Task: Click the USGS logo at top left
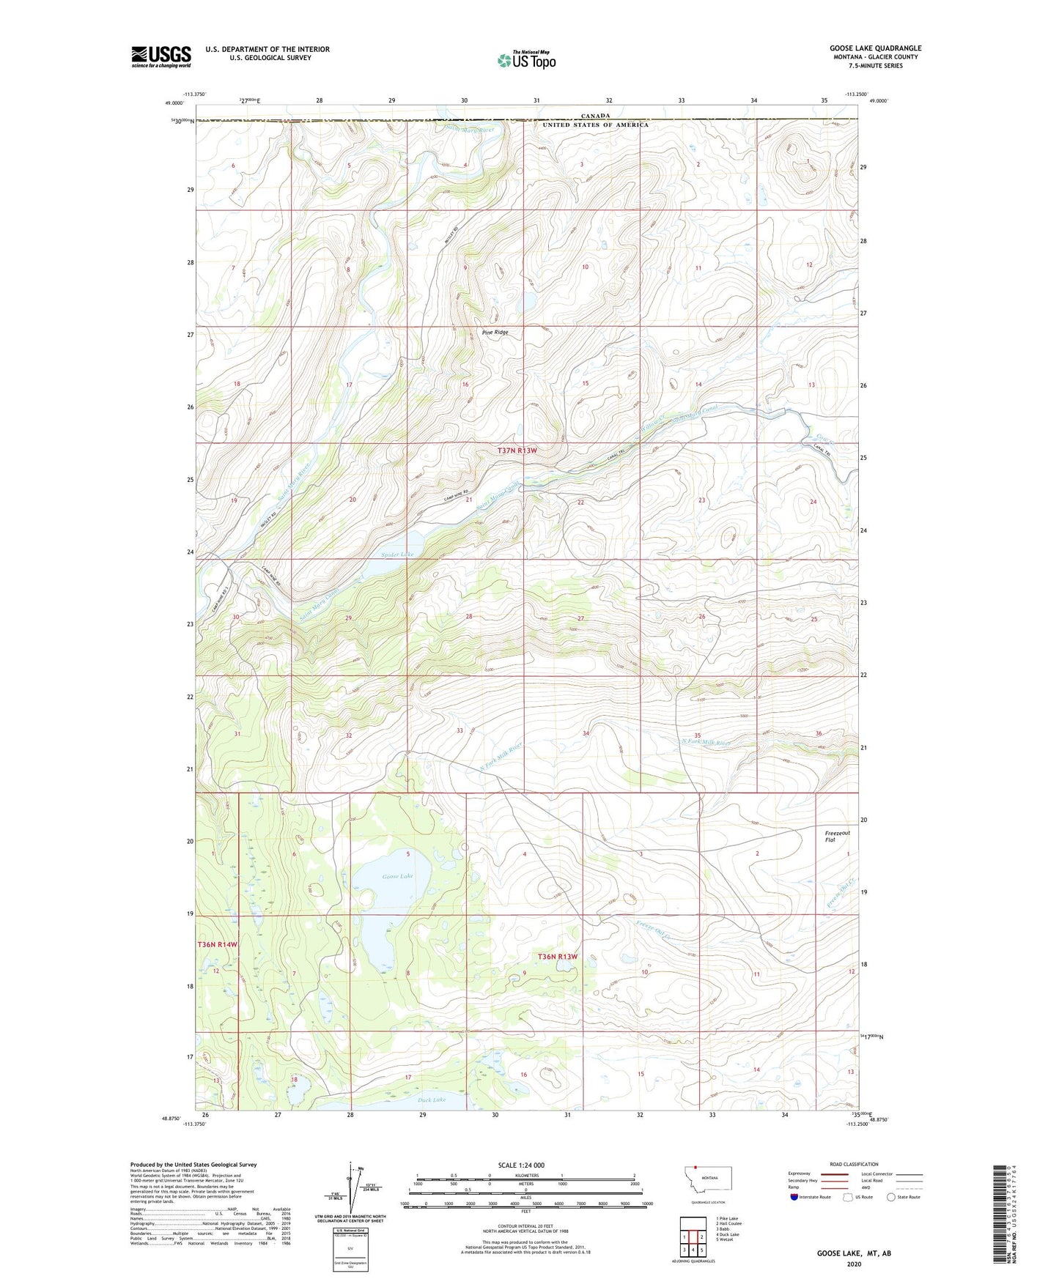pyautogui.click(x=161, y=56)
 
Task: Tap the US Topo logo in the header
pyautogui.click(x=526, y=60)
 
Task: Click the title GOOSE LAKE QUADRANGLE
pyautogui.click(x=875, y=48)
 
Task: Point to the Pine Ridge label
pyautogui.click(x=495, y=332)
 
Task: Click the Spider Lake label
pyautogui.click(x=397, y=555)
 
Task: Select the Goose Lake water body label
pyautogui.click(x=397, y=876)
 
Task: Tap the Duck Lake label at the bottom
pyautogui.click(x=432, y=1100)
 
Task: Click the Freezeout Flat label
pyautogui.click(x=837, y=837)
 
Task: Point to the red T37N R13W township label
pyautogui.click(x=517, y=451)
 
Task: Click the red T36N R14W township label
pyautogui.click(x=218, y=944)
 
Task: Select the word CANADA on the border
pyautogui.click(x=595, y=116)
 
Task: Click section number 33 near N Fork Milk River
pyautogui.click(x=460, y=730)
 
